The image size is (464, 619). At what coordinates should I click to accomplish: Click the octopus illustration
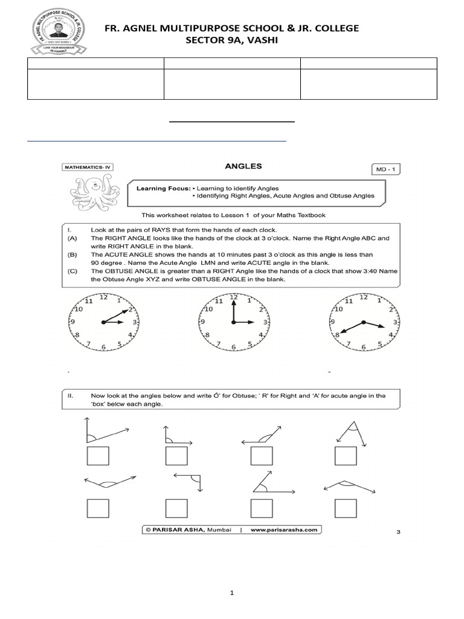tap(94, 192)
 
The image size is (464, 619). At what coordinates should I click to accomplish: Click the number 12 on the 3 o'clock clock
tap(234, 297)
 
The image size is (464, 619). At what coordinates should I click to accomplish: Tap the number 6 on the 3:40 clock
tap(362, 347)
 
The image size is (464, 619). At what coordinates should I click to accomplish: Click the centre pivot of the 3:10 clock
tap(103, 323)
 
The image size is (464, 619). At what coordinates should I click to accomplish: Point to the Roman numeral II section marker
tap(71, 396)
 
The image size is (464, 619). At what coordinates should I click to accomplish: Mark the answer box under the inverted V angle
tap(347, 457)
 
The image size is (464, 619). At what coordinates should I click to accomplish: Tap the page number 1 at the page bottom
tap(232, 593)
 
